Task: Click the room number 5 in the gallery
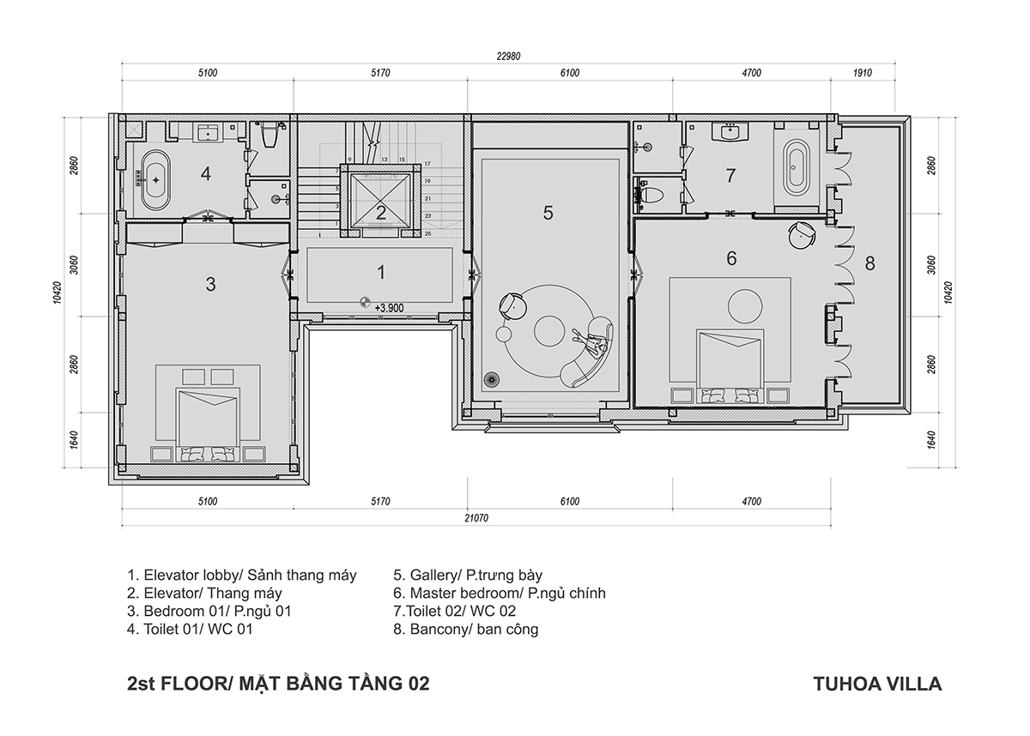[x=548, y=214]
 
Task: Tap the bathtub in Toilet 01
[x=155, y=180]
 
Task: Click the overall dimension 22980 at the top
[x=508, y=56]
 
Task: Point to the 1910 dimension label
[x=863, y=73]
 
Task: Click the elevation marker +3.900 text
[x=389, y=308]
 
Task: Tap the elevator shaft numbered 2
[x=380, y=201]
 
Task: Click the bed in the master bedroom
[x=730, y=365]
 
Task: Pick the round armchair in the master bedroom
[x=802, y=236]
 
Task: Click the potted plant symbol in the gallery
[x=491, y=380]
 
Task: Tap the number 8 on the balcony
[x=869, y=263]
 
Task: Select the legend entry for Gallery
[x=468, y=575]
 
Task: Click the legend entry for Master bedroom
[x=500, y=593]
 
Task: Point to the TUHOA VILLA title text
[x=877, y=684]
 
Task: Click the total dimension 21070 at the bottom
[x=476, y=518]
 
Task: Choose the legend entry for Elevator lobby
[x=242, y=575]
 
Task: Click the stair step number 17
[x=427, y=164]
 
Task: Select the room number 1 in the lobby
[x=381, y=273]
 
